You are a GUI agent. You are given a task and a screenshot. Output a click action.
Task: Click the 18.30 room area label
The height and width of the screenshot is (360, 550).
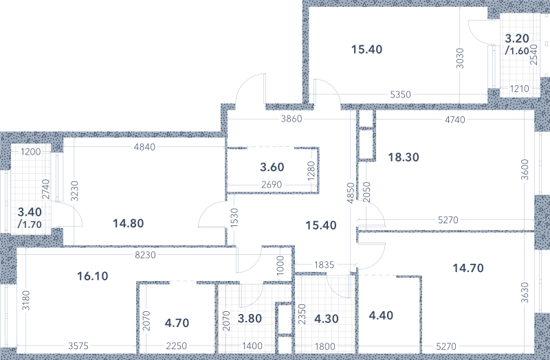404,157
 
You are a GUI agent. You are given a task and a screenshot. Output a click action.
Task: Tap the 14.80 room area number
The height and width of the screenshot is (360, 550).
129,223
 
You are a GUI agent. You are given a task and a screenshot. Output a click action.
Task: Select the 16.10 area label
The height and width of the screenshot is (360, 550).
93,276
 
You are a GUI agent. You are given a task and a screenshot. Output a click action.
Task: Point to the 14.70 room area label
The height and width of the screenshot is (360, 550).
468,268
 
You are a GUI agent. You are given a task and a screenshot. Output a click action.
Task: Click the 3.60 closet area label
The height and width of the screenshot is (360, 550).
272,167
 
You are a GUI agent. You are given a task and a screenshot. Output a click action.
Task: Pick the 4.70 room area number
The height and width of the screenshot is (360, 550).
177,323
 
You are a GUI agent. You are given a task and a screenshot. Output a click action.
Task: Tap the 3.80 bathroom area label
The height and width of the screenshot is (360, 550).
250,319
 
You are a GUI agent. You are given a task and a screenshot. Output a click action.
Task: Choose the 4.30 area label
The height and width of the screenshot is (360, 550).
327,319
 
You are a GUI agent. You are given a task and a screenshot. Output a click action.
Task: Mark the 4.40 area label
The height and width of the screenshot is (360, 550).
382,315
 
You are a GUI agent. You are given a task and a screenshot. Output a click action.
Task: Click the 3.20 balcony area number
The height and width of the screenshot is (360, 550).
517,38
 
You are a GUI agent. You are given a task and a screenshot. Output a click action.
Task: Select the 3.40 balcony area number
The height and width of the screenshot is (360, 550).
30,212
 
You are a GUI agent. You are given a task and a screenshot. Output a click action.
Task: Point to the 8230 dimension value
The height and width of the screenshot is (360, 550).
145,255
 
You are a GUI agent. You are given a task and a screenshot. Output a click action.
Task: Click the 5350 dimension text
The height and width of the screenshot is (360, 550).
400,95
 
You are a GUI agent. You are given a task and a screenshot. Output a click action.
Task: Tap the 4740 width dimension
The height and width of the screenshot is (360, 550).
455,120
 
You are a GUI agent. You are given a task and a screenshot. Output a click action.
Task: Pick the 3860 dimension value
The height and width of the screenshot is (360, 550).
291,119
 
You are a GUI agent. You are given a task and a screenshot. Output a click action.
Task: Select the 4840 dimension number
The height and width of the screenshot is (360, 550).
144,147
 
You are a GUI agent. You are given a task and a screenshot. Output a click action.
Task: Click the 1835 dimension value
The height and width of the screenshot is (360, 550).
324,265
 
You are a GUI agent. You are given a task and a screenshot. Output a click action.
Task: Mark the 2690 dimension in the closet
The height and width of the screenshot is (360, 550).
272,184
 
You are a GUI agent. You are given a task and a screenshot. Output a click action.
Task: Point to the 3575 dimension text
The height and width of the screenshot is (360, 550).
78,346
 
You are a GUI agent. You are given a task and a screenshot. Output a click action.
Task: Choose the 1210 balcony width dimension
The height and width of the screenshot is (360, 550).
519,89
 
